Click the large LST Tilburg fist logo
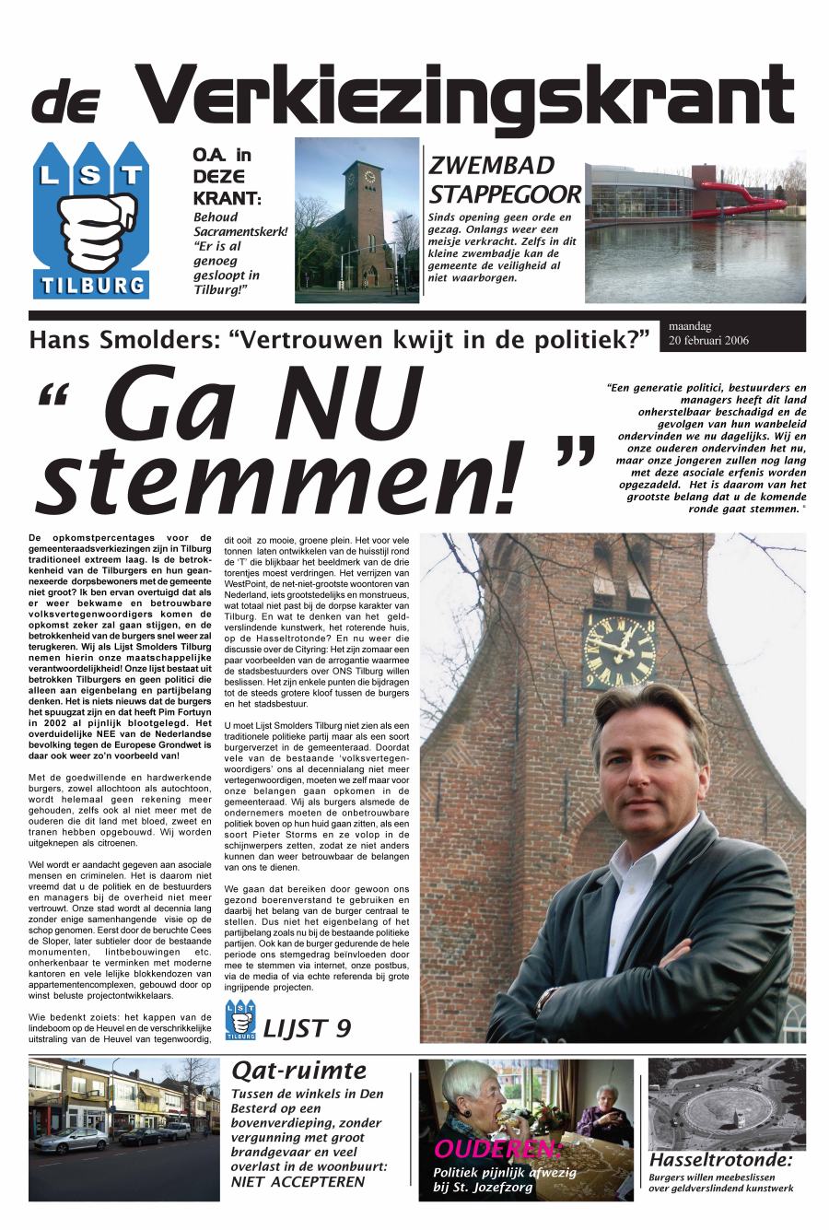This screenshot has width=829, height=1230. click(89, 220)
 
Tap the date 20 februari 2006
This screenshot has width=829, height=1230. click(709, 340)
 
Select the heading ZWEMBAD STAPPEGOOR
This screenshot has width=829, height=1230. click(505, 180)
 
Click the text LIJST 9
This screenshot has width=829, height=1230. click(307, 1027)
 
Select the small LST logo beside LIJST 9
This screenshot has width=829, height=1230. click(240, 1020)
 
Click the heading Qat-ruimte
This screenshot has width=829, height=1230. click(298, 1070)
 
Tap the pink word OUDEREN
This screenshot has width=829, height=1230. click(496, 1149)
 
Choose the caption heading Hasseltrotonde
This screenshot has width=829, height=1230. click(719, 1159)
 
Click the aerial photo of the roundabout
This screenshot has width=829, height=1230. click(726, 1103)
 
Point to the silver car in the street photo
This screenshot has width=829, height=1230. click(70, 1140)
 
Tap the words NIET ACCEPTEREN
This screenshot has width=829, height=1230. click(298, 1182)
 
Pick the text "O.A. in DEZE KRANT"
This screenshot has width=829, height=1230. click(226, 175)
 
